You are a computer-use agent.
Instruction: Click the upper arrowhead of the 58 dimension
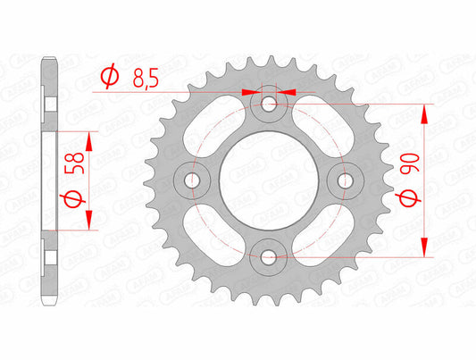point(89,137)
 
